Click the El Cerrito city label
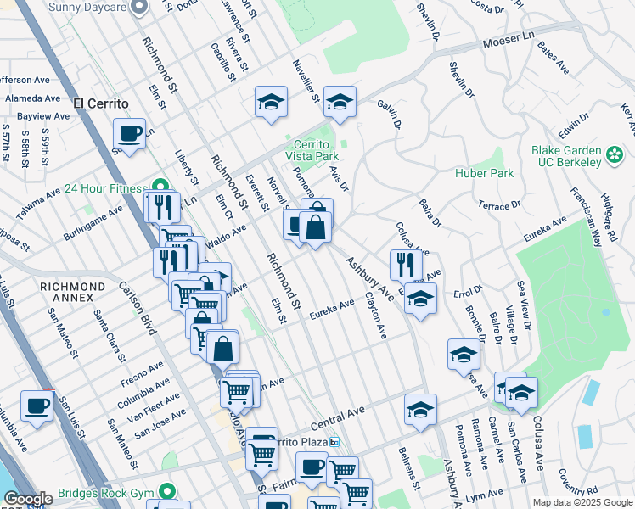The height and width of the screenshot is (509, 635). point(100,103)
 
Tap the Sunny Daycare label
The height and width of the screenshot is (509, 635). point(87,7)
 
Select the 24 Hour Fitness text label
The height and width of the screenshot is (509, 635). point(107,188)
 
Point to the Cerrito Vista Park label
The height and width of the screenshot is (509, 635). point(311,150)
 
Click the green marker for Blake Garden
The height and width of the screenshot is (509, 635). point(615,156)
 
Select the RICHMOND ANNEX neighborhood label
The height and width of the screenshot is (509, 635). point(72,287)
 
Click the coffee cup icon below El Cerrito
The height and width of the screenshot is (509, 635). point(129,135)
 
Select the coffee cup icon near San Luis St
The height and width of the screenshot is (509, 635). point(36,408)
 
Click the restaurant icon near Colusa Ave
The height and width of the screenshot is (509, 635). point(406,265)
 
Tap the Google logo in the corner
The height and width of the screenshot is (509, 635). point(28,500)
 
